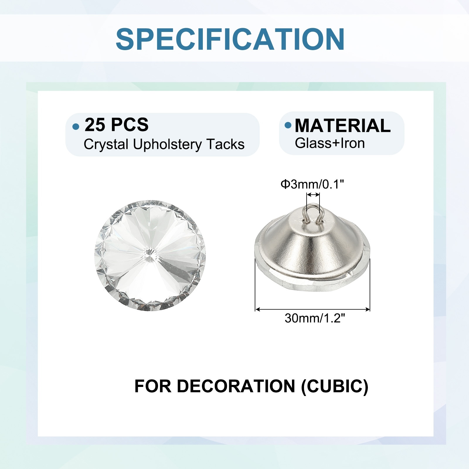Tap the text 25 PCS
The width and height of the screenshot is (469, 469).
pos(116,125)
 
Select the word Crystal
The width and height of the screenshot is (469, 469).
pos(106,145)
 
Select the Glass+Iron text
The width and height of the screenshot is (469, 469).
pos(330,143)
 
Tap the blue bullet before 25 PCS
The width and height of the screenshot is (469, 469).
pos(76,127)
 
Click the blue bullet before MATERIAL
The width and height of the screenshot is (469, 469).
pos(288,125)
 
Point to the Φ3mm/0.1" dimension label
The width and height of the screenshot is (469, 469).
pos(312,184)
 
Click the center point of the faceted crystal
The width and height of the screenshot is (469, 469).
pos(150,255)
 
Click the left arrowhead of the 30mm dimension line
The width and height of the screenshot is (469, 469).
pos(258,309)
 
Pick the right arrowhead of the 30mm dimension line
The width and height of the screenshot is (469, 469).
pos(367,309)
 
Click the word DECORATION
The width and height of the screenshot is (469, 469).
pos(236,386)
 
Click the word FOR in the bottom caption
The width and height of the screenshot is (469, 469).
pos(153,386)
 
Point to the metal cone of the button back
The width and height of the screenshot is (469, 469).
pos(312,246)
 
